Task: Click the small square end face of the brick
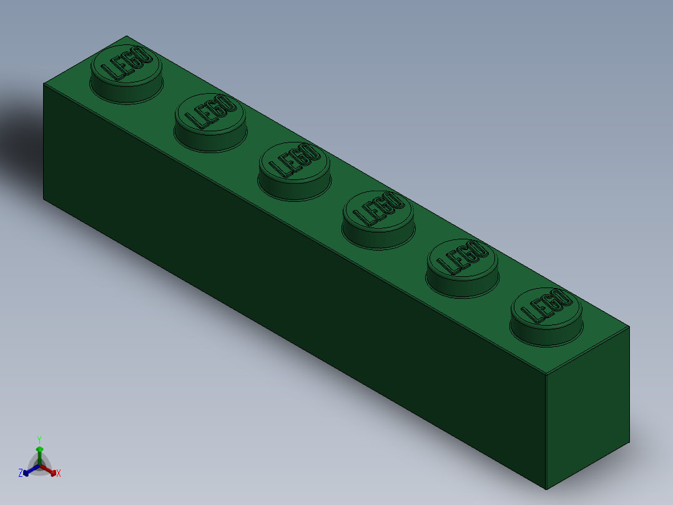tap(587, 406)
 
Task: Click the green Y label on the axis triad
tap(39, 439)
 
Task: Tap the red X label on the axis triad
tap(59, 474)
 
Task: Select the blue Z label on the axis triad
tap(21, 474)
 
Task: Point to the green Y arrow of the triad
tap(39, 453)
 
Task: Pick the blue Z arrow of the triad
tap(28, 471)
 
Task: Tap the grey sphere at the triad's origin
tap(39, 466)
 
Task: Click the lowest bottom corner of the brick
tap(546, 489)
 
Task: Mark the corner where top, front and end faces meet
tap(546, 375)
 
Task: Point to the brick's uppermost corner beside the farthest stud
tap(127, 36)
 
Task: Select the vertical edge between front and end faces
tap(546, 431)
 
